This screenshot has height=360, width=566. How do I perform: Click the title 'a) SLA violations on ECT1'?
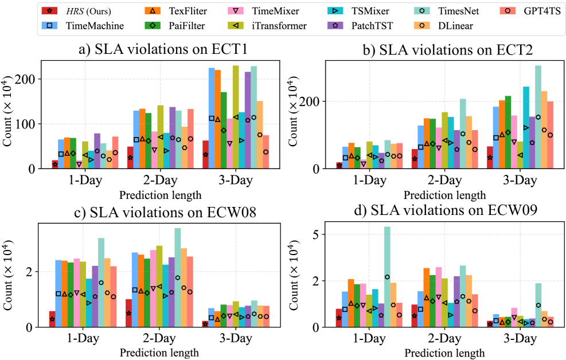[x=163, y=49]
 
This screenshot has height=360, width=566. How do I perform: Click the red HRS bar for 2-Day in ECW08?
[x=129, y=313]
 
